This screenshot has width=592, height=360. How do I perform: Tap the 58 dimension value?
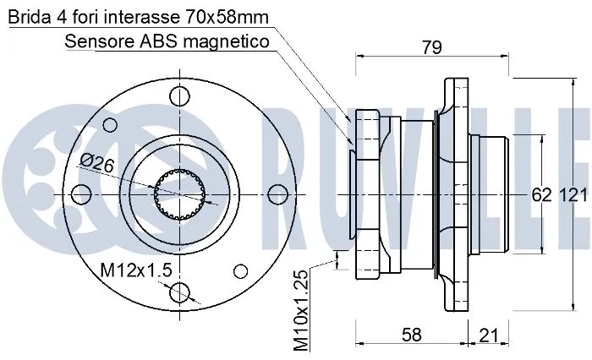pyautogui.click(x=411, y=335)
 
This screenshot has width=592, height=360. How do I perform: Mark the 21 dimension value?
pyautogui.click(x=489, y=335)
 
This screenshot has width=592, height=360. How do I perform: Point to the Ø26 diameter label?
pyautogui.click(x=97, y=163)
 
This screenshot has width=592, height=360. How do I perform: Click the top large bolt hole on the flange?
pyautogui.click(x=179, y=94)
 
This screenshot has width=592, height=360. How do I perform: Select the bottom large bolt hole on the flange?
pyautogui.click(x=179, y=293)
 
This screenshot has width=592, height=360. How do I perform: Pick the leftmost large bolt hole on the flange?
pyautogui.click(x=81, y=194)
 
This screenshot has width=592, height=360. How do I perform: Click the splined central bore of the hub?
pyautogui.click(x=179, y=194)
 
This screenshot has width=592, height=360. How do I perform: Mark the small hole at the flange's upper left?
pyautogui.click(x=108, y=124)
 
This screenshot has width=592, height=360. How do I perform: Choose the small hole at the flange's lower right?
pyautogui.click(x=241, y=270)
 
